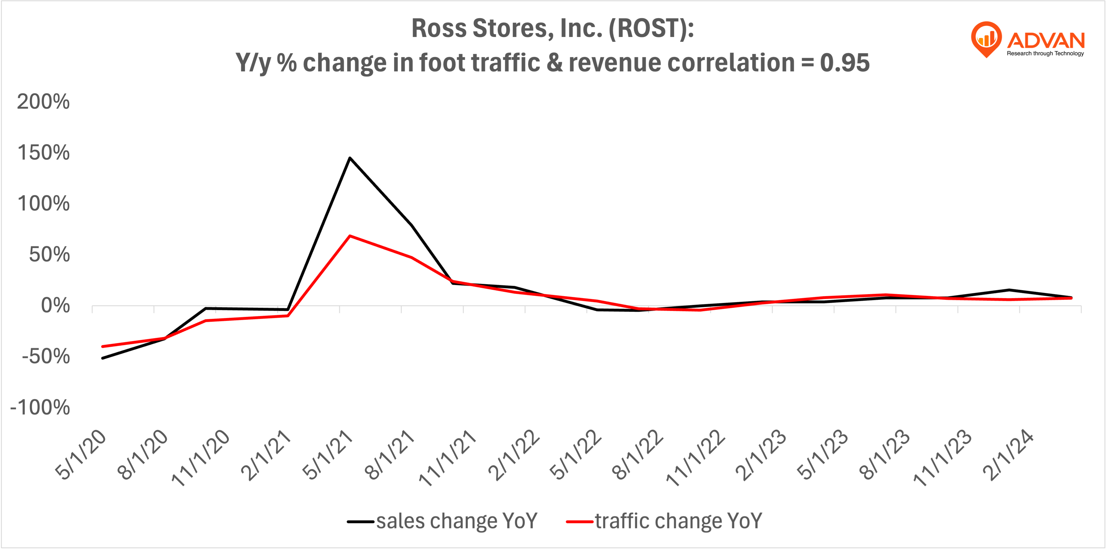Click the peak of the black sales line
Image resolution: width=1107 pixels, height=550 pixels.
tap(350, 158)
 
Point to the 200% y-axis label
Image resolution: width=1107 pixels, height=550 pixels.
tap(43, 102)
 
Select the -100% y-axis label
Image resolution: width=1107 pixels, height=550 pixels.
tap(40, 407)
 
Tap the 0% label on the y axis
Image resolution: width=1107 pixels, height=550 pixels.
tap(55, 306)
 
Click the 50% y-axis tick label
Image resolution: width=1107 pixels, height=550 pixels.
tap(49, 255)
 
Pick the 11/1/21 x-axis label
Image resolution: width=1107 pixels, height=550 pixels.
tap(448, 458)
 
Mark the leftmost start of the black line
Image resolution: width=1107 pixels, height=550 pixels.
tap(102, 358)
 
